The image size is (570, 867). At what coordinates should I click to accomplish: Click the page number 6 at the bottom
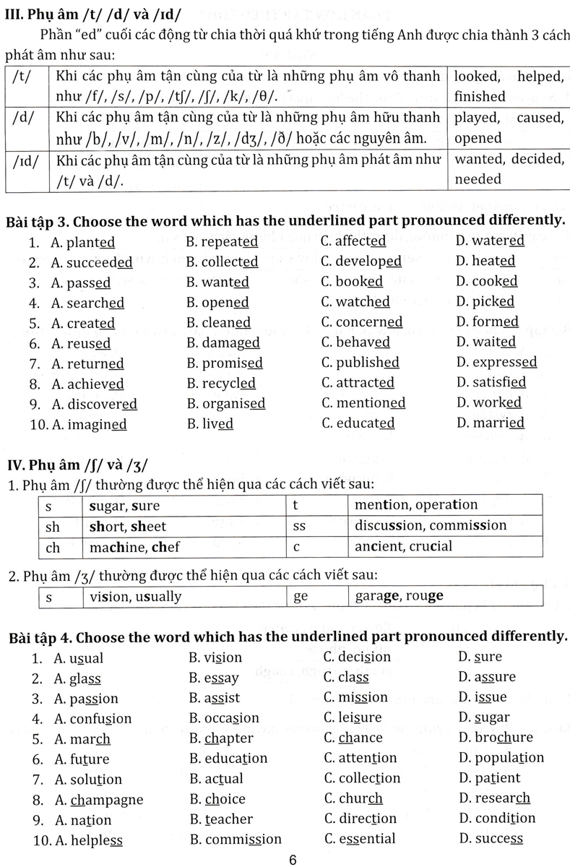tap(293, 859)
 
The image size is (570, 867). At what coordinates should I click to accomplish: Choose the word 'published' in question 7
tap(368, 362)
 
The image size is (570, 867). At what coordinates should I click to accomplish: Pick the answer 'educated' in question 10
tap(366, 423)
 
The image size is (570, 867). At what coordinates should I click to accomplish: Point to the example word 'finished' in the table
tap(480, 96)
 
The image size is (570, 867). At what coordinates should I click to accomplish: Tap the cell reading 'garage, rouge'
tap(400, 596)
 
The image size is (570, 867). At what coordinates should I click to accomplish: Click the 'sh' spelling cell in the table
tap(53, 526)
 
